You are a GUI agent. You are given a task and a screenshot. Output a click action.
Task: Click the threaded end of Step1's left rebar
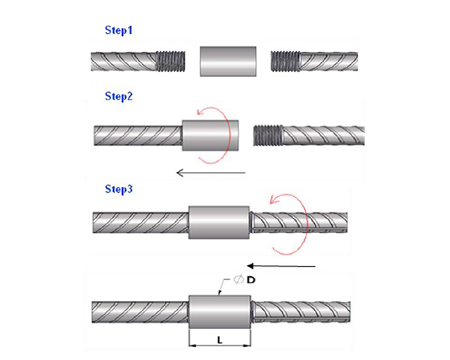170,61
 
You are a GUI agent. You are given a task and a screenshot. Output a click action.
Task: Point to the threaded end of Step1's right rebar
285,61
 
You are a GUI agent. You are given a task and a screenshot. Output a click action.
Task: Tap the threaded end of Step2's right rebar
267,134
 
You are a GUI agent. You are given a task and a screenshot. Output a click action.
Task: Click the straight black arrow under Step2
211,172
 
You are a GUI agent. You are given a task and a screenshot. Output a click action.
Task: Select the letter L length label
220,340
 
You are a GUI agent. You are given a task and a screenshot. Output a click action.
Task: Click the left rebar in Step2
138,134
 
